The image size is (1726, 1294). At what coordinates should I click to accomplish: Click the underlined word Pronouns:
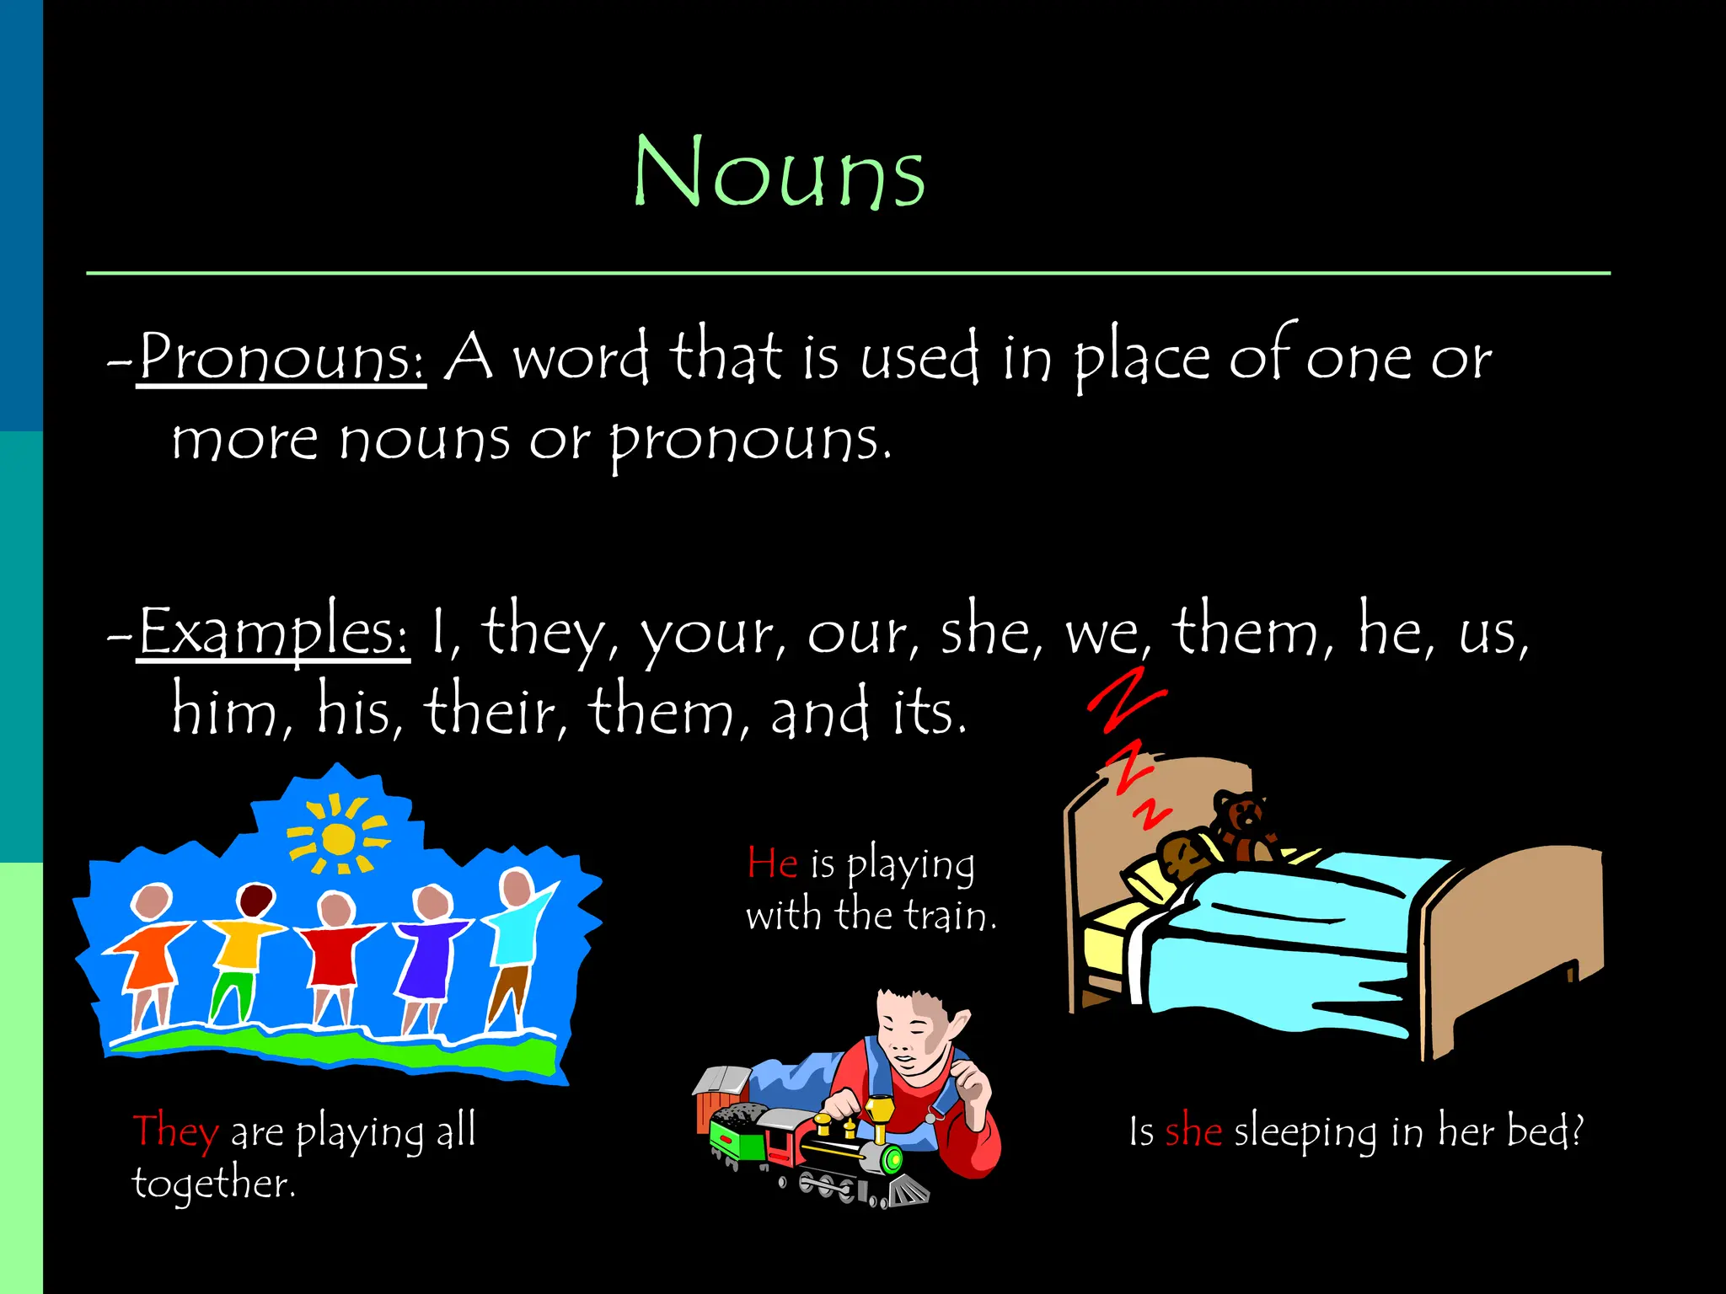(281, 358)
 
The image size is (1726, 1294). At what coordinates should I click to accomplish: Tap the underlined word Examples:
(274, 632)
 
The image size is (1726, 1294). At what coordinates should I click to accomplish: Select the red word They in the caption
(175, 1131)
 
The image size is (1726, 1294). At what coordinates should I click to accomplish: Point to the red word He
(772, 864)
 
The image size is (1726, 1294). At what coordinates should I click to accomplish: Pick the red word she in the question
(1193, 1131)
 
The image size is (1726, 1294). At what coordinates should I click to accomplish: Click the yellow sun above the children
(338, 838)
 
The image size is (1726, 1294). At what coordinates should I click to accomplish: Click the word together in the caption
(212, 1184)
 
